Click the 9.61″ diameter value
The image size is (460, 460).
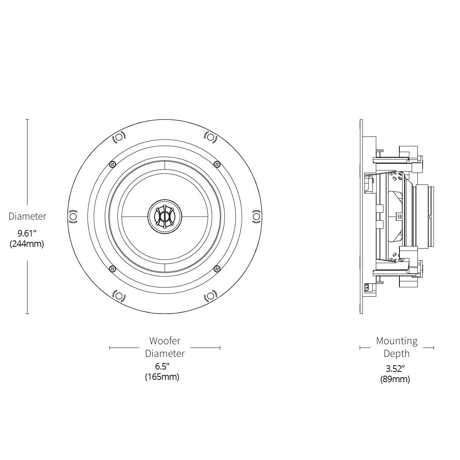click(27, 233)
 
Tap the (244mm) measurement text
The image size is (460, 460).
click(27, 244)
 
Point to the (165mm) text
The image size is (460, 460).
click(162, 377)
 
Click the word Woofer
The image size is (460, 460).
click(165, 341)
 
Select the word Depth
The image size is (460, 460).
click(396, 353)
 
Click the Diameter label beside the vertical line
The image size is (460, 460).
click(27, 216)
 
